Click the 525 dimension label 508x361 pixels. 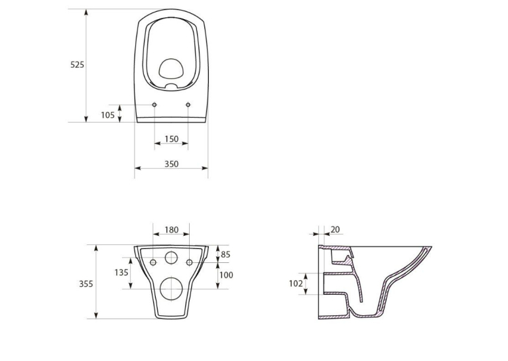coord(77,65)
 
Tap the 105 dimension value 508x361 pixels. coord(107,115)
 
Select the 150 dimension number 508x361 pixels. coord(171,139)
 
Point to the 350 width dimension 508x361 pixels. coord(171,164)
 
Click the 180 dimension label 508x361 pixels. coord(171,230)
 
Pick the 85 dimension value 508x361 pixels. coord(225,254)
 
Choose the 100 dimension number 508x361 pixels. coord(226,275)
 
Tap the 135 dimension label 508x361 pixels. coord(121,273)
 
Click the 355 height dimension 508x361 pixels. coord(86,284)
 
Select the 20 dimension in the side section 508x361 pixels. coord(336,229)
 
